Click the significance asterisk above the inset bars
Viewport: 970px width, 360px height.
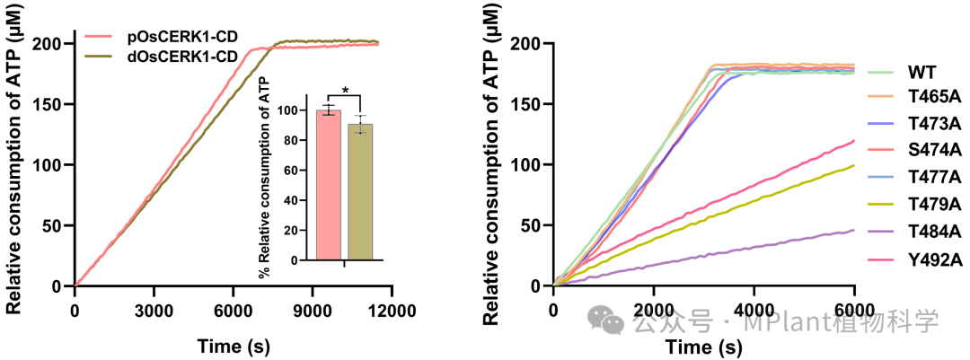(x=345, y=91)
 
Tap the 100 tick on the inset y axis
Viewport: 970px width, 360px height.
(x=287, y=110)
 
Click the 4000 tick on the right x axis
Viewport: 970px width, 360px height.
(x=754, y=310)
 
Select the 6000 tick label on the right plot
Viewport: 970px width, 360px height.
(x=853, y=310)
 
